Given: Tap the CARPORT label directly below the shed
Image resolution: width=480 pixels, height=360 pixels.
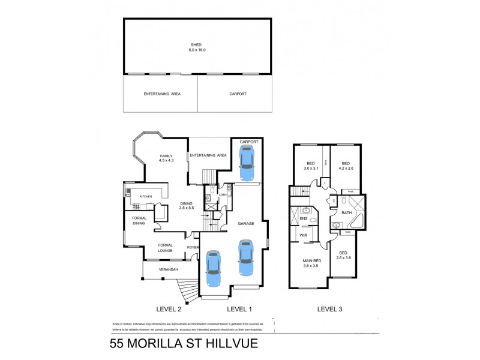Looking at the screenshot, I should click(238, 94).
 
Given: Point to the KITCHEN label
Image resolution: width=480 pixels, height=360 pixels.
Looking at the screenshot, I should click(146, 197).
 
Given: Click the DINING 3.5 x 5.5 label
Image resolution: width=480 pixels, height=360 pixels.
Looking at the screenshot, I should click(187, 205).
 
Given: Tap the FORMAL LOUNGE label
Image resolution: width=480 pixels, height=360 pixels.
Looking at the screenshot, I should click(165, 247).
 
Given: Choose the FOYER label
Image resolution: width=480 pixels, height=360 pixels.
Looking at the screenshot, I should click(193, 246).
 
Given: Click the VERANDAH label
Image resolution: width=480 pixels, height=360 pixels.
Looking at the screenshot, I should click(168, 270).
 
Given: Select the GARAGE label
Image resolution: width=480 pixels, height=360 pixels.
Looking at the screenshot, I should click(246, 223).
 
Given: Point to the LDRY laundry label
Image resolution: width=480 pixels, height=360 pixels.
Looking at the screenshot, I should click(222, 196).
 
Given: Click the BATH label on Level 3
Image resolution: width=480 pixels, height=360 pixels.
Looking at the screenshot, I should click(346, 213).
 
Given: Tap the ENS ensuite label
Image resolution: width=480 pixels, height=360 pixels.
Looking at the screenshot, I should click(303, 219).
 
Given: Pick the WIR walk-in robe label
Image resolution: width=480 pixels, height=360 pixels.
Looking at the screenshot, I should click(304, 236).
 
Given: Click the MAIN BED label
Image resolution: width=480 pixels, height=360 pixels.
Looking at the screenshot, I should click(312, 263).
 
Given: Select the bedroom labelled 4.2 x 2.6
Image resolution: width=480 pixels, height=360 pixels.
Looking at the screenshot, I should click(346, 166).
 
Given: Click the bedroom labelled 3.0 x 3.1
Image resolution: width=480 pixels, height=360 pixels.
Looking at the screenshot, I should click(310, 166).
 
